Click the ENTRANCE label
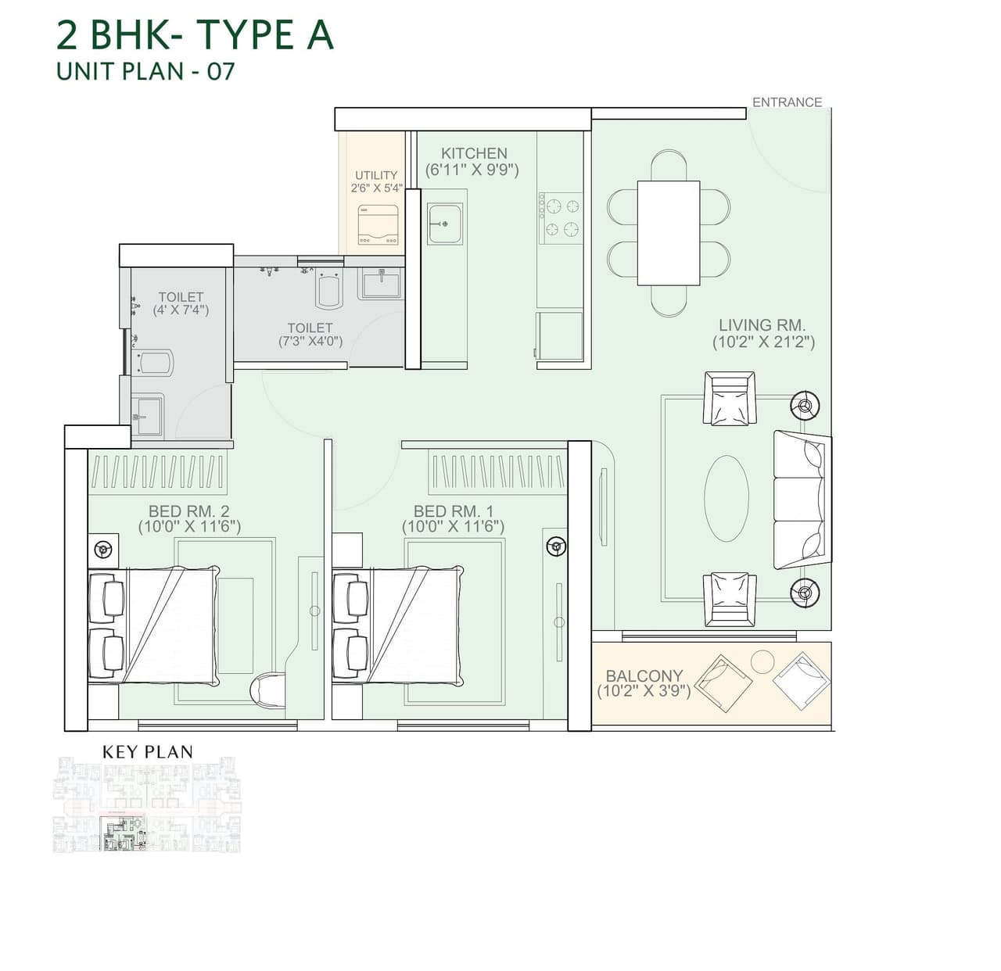(787, 102)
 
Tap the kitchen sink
(445, 224)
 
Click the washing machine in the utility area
(379, 224)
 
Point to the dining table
(668, 233)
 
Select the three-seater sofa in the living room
(799, 499)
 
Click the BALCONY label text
(644, 675)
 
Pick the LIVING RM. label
(762, 325)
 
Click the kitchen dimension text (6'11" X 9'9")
(472, 170)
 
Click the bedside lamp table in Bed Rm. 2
(102, 549)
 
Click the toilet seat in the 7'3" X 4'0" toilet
(329, 290)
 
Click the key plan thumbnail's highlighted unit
(124, 834)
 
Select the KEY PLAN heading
(147, 752)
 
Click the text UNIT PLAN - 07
(145, 71)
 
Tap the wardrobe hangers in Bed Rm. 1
(498, 471)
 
